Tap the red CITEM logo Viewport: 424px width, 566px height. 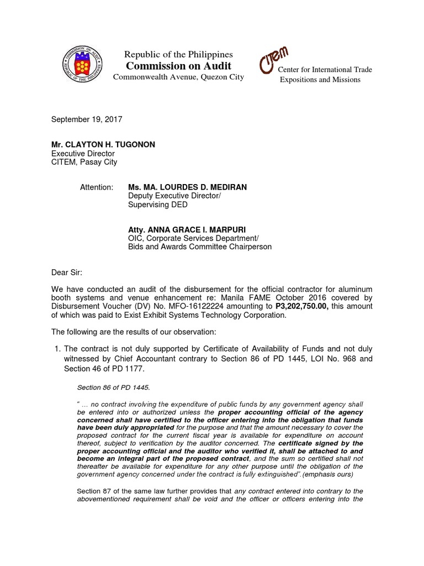point(274,61)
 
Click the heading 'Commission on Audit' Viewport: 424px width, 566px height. point(178,66)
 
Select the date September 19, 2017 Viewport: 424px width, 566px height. point(87,119)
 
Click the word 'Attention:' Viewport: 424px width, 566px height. point(97,187)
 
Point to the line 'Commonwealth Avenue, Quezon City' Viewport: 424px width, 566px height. point(178,77)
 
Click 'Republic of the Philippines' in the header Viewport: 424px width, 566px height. point(178,54)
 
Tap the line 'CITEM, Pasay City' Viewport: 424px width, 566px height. point(84,162)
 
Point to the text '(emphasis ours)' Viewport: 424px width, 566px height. point(327,474)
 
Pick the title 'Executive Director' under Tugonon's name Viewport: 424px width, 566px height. point(83,153)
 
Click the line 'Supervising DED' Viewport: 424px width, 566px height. point(157,205)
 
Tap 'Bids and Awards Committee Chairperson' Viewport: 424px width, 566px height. point(199,247)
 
